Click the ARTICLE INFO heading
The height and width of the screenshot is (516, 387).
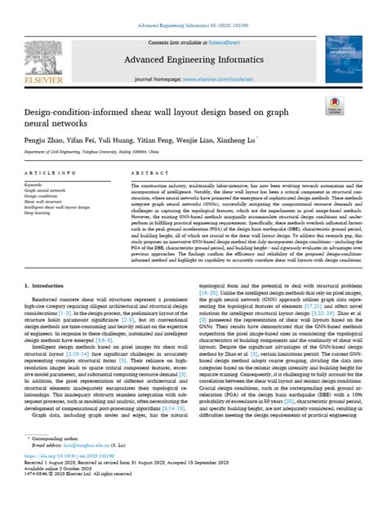tap(48, 198)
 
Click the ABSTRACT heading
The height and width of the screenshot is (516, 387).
tap(146, 198)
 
